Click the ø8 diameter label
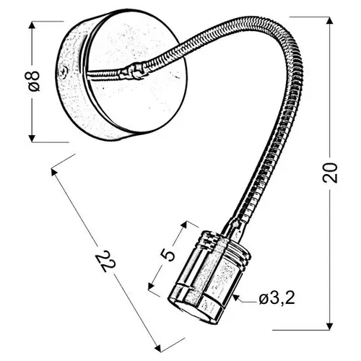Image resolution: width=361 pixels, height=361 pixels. point(34,82)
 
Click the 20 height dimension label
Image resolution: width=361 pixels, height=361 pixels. point(330,173)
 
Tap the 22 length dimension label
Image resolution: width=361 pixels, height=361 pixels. point(105,261)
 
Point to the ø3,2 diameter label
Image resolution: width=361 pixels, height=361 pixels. point(277,299)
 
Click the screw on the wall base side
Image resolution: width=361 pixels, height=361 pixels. point(64,72)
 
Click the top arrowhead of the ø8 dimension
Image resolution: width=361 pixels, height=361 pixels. point(32,25)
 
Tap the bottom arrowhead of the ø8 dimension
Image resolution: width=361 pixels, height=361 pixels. point(32,138)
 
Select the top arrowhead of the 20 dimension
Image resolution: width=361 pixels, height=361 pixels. point(329,21)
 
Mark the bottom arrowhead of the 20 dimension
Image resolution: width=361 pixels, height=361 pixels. point(329,326)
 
